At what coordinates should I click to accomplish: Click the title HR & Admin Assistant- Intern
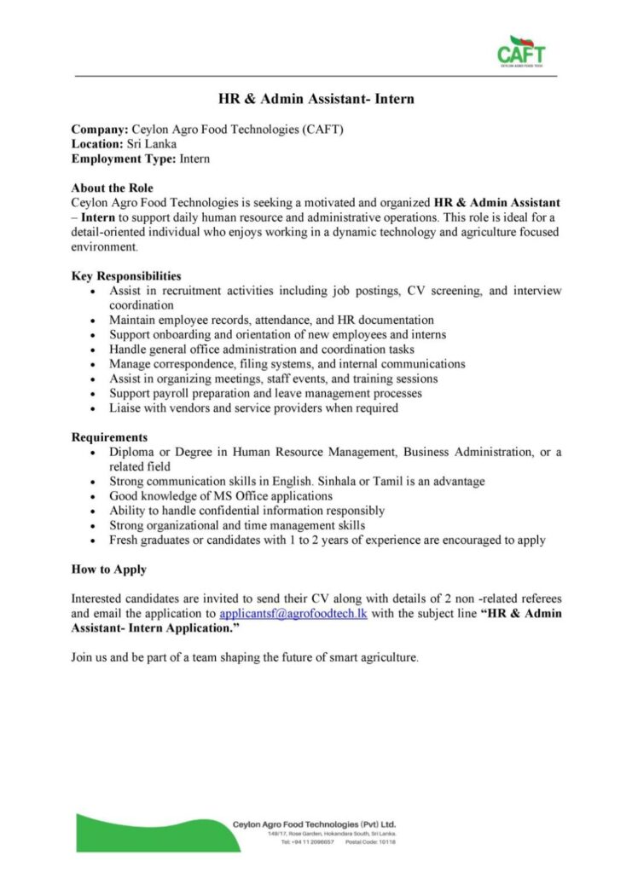pos(316,99)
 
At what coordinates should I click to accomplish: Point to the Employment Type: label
pos(123,159)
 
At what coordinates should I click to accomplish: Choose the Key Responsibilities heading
pos(125,275)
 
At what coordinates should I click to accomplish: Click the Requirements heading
pos(109,436)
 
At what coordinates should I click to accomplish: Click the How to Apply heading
pos(108,569)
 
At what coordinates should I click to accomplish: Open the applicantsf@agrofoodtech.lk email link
pos(293,613)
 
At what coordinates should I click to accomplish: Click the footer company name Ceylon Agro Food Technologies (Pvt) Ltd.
pos(314,824)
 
